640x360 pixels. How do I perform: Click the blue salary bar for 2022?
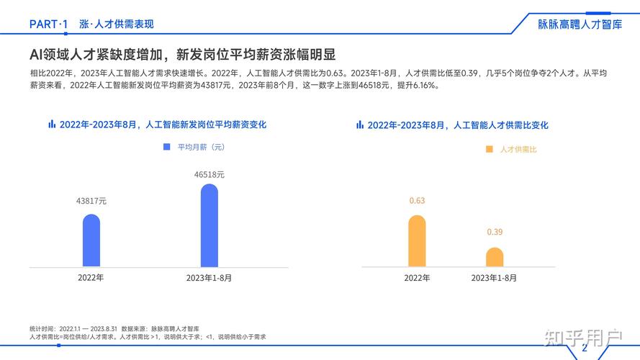coord(91,240)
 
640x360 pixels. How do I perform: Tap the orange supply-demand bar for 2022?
coord(417,241)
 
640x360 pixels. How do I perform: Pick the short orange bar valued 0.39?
coord(495,257)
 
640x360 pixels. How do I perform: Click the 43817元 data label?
coord(91,202)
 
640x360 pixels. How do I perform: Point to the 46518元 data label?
coord(209,174)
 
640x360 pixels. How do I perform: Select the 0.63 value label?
coord(417,201)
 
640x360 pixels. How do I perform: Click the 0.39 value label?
coord(495,232)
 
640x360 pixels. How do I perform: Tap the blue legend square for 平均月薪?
coord(166,147)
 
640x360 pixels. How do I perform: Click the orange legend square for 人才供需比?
coord(490,149)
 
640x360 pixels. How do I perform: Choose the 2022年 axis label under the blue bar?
coord(91,278)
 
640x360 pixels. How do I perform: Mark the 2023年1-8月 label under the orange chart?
coord(494,278)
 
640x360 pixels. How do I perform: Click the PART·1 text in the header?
coord(49,24)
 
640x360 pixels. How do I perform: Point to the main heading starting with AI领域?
coord(182,55)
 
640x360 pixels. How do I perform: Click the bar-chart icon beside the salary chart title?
coord(52,124)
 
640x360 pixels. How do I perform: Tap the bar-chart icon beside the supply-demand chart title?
coord(360,125)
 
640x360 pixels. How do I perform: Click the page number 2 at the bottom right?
coord(585,348)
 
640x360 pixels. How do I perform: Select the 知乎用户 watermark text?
coord(582,336)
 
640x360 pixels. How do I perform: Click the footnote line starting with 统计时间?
coord(114,328)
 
